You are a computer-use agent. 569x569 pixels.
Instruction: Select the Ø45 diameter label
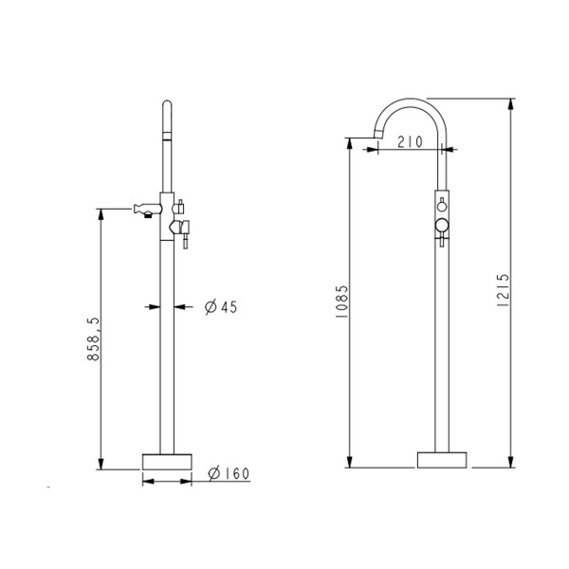pos(220,306)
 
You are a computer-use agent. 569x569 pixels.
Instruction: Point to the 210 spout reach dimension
pos(410,143)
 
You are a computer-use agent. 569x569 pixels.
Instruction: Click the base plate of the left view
pos(166,461)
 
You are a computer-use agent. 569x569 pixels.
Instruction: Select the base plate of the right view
pos(443,461)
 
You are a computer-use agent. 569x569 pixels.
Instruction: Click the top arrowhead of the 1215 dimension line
pos(511,102)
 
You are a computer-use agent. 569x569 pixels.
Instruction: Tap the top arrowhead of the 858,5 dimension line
pos(101,214)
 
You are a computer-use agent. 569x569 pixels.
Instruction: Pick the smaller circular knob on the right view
pos(442,206)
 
